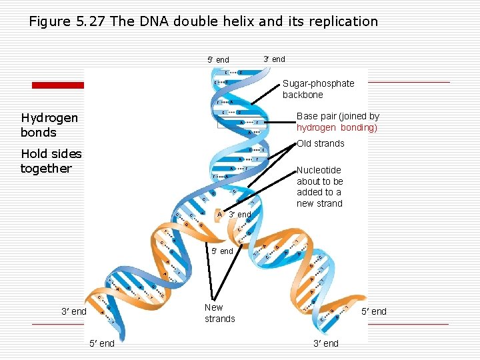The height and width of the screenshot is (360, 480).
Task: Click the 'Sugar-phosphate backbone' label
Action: pos(318,89)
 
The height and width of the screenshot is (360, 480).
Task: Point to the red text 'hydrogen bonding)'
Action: pos(337,127)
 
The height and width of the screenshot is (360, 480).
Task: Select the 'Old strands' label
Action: pos(320,143)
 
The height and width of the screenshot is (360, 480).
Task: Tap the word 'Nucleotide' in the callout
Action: pos(319,170)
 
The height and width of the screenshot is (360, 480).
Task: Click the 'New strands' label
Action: pos(219,313)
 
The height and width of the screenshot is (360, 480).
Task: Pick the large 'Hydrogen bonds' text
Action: pos(49,125)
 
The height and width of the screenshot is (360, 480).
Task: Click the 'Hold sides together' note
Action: pos(51,161)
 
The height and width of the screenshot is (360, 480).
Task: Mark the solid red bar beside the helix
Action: pos(58,85)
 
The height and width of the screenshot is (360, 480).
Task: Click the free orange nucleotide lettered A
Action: pos(220,214)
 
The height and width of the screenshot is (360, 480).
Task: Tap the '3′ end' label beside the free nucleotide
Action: pos(240,215)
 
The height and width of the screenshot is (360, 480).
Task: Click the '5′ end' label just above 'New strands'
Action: pos(222,251)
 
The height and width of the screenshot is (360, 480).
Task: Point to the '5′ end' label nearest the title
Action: pos(218,60)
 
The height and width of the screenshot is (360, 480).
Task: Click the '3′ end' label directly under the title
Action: pos(274,59)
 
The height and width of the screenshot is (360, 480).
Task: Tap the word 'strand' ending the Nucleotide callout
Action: pos(329,203)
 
